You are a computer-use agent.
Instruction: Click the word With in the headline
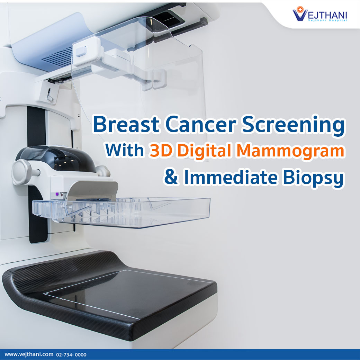[x=125, y=151]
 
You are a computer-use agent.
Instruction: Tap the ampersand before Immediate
[x=171, y=177]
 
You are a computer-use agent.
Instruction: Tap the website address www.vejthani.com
[x=29, y=354]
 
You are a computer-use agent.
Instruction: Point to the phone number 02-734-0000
[x=71, y=354]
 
